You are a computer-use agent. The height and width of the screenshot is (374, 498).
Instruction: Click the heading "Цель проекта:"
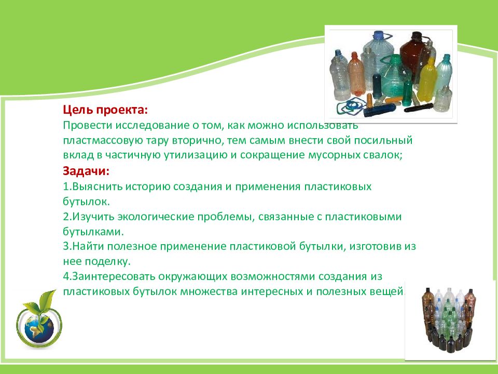[x=105, y=110]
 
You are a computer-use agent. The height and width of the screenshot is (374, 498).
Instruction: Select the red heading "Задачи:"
[x=86, y=171]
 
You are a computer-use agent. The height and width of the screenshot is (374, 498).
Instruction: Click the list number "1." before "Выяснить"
[x=67, y=186]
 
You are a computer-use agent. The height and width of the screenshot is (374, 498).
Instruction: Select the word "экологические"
[x=156, y=217]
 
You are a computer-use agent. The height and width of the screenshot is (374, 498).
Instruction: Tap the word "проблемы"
[x=226, y=217]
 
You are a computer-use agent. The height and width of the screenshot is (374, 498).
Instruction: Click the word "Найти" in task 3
[x=88, y=246]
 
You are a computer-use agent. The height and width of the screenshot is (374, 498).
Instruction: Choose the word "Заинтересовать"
[x=114, y=277]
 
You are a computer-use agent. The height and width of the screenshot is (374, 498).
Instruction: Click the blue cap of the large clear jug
[x=379, y=35]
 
